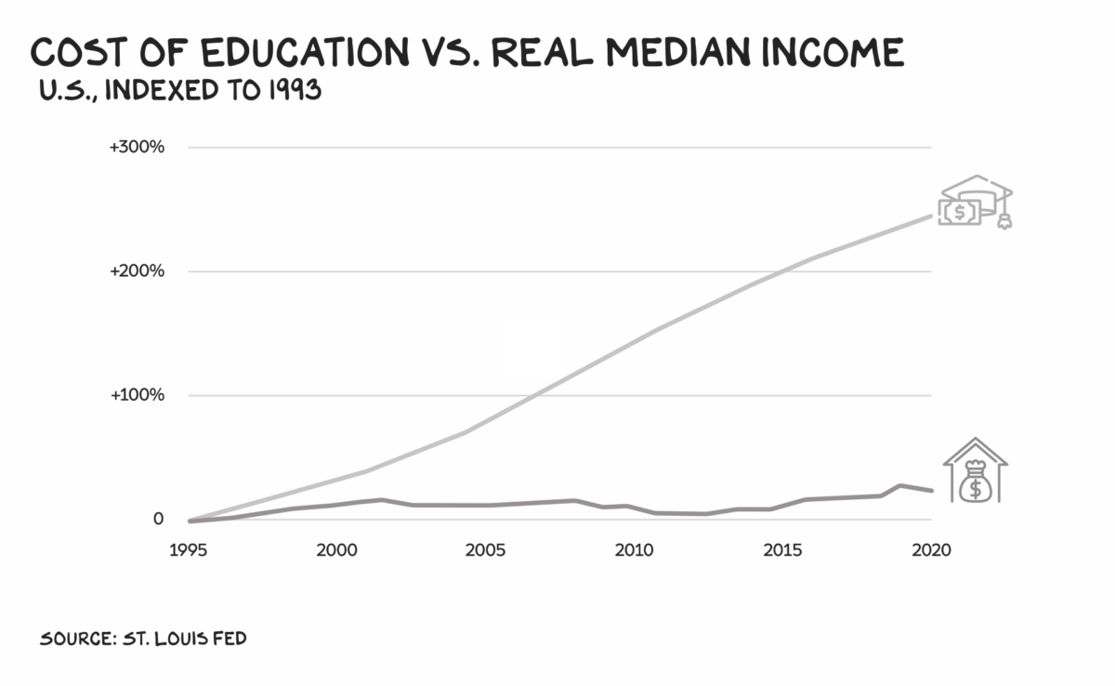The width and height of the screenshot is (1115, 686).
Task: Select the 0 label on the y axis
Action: [159, 519]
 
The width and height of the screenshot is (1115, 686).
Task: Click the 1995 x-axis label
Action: [188, 550]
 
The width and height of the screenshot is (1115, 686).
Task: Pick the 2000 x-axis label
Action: [336, 550]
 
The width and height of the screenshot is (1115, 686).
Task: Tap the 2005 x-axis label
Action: [485, 550]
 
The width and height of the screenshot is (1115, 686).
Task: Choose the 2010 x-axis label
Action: [634, 550]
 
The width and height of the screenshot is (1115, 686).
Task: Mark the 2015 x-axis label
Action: [782, 550]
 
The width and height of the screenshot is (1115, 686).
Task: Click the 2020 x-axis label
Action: [931, 550]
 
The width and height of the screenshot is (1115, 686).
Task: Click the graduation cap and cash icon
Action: [975, 203]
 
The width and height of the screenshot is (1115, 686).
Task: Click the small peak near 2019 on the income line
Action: [899, 485]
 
